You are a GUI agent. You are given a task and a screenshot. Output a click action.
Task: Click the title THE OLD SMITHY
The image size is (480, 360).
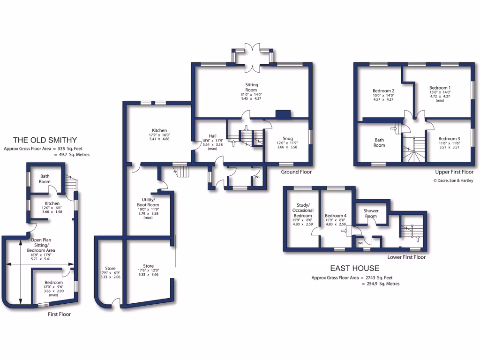[45, 140]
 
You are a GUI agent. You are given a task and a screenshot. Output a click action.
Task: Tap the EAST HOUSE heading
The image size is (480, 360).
[355, 268]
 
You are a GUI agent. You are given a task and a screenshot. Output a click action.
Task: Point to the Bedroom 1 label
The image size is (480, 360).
[440, 88]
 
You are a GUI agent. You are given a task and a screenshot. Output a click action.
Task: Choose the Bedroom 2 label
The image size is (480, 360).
[383, 91]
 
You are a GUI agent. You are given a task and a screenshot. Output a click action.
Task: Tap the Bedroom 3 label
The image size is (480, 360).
[449, 139]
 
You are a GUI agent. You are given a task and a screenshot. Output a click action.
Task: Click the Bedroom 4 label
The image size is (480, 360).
[336, 216]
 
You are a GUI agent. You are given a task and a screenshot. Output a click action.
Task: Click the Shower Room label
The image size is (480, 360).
[371, 213]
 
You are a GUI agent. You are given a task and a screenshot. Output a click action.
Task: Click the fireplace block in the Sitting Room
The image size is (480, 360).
[283, 114]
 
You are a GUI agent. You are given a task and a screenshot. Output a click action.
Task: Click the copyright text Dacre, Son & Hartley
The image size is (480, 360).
[453, 180]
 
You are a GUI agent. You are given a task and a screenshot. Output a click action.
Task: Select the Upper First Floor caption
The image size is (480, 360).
[454, 172]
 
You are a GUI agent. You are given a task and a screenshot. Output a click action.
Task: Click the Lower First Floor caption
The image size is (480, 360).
[406, 257]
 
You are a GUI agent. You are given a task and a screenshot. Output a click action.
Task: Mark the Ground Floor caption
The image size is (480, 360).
[296, 172]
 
